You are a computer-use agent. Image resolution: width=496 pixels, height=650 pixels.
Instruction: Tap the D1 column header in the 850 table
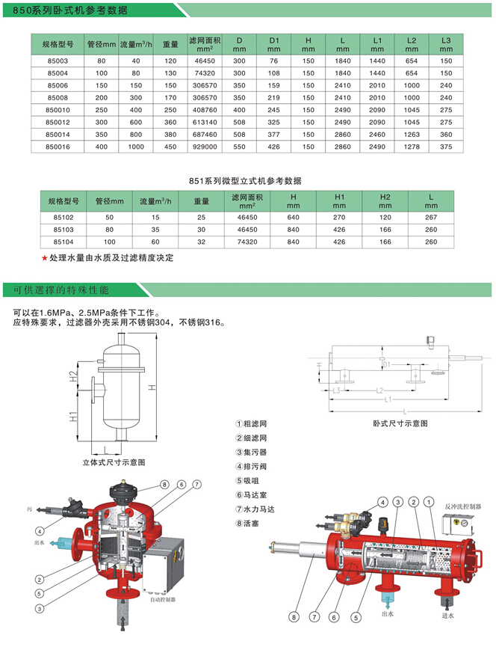(x=273, y=43)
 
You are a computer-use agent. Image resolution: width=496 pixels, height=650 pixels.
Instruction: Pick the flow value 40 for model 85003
(x=136, y=61)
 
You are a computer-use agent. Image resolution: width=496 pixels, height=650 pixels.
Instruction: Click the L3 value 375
(x=446, y=147)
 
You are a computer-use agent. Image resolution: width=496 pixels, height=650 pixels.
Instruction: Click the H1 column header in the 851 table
(x=340, y=200)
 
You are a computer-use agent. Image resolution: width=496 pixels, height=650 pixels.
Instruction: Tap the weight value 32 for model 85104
(x=201, y=242)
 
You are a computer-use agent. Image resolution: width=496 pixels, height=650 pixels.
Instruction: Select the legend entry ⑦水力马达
(x=252, y=509)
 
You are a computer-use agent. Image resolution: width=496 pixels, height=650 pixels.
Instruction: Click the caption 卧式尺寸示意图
(x=400, y=423)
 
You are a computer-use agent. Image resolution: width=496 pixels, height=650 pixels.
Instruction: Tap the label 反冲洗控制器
(x=463, y=506)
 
